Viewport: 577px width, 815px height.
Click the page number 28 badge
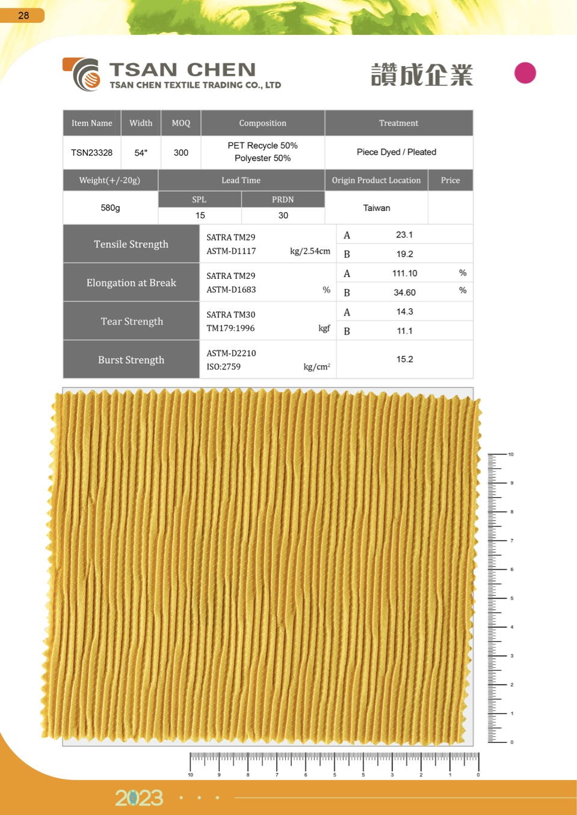23,15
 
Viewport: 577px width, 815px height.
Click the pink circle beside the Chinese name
525,73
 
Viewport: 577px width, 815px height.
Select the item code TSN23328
91,153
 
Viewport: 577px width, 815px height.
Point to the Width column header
141,123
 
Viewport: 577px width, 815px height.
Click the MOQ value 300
181,153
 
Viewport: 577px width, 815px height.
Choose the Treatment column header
398,123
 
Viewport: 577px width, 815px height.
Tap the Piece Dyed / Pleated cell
396,152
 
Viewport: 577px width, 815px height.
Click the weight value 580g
110,208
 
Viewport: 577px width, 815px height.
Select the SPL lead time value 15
200,215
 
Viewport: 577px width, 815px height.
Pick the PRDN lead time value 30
283,215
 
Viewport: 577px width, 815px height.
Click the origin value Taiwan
377,208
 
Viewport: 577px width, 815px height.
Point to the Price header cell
450,180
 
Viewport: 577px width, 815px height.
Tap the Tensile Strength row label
131,244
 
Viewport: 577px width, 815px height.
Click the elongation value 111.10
404,273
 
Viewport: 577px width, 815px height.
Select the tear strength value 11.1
404,331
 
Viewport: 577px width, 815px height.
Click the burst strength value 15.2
404,359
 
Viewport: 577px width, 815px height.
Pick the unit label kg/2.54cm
310,251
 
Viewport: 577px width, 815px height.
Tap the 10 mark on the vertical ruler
511,454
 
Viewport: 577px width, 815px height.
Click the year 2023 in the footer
139,798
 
